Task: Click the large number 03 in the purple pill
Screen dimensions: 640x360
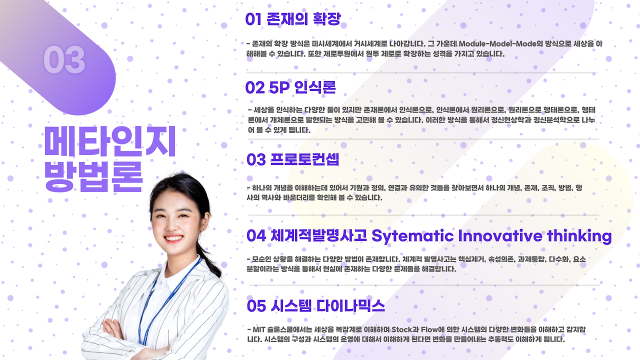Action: (64, 59)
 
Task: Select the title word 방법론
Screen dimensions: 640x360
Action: (93, 176)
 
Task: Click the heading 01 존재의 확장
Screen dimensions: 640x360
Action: (293, 19)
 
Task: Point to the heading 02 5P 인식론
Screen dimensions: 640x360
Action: (290, 87)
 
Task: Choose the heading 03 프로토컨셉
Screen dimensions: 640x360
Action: (293, 159)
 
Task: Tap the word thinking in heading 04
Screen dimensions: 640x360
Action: (579, 236)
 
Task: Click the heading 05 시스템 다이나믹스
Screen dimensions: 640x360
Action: (315, 305)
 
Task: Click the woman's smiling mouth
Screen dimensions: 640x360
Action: (173, 238)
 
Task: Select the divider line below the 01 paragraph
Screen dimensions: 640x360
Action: (421, 73)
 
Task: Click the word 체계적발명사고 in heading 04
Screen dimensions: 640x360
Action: (318, 235)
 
